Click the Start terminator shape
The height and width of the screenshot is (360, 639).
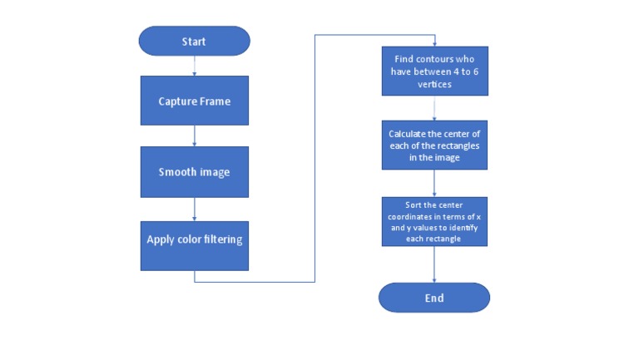coord(194,42)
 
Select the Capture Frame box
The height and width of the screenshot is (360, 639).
coord(194,101)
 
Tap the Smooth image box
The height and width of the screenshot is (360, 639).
coord(194,172)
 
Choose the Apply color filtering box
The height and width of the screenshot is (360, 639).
coord(194,241)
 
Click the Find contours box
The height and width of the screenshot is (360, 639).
coord(434,72)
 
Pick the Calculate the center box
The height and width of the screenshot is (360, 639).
coord(434,145)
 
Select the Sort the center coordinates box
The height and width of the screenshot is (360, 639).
coord(434,220)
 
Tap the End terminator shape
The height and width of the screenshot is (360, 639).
coord(434,298)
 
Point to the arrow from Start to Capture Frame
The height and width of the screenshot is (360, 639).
coord(194,66)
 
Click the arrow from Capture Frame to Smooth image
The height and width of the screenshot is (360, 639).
coord(194,136)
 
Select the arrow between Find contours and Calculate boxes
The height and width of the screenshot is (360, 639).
coord(434,109)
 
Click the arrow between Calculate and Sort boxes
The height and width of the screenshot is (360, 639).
coord(434,183)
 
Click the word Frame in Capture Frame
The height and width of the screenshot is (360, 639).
coord(213,101)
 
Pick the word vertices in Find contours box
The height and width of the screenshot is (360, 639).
coord(434,85)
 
